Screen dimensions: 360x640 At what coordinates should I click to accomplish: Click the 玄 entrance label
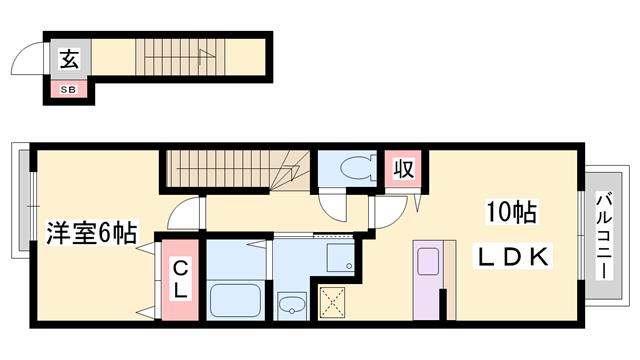[68, 58]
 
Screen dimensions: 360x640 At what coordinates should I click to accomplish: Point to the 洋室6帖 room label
[90, 236]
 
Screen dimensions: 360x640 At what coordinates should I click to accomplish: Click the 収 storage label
[402, 167]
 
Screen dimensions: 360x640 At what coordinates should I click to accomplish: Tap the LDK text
[511, 257]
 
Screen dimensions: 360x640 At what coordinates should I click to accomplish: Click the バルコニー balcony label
[603, 236]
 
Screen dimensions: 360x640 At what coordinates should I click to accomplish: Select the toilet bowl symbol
[355, 167]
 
